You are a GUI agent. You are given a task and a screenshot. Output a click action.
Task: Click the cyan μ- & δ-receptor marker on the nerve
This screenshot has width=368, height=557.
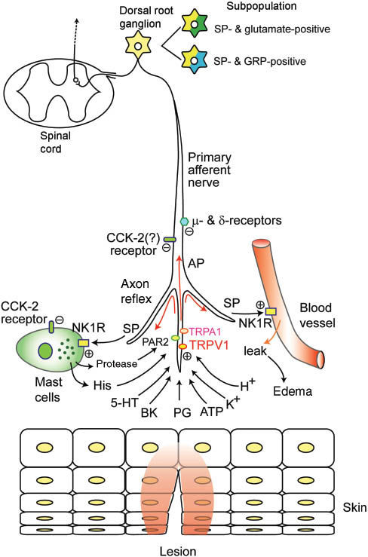coord(183,221)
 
